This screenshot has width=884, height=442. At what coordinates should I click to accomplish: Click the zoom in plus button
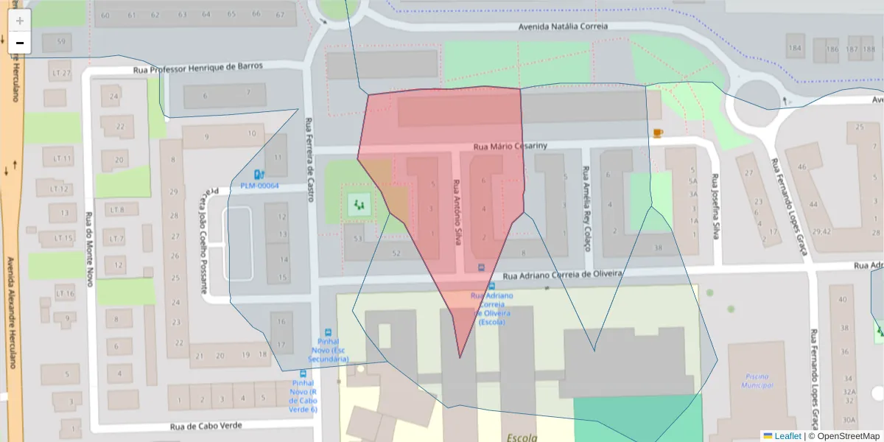pos(20,21)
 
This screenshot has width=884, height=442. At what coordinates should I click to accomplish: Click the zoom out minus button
pos(20,43)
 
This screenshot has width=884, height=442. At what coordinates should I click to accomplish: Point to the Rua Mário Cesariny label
pos(509,146)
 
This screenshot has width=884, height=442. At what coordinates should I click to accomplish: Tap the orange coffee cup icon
pos(657,133)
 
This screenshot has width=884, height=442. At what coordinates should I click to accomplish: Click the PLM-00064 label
pos(259,186)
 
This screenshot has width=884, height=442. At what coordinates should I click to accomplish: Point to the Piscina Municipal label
pos(758,380)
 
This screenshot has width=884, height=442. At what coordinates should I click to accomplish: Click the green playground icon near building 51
pos(359,203)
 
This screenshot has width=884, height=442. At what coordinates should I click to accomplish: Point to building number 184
pos(794,49)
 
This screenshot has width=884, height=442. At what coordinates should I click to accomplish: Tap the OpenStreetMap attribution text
pos(843,436)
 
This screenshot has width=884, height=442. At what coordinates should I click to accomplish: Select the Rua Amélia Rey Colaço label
pos(586,208)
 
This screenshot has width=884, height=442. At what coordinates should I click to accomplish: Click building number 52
pos(396,253)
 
